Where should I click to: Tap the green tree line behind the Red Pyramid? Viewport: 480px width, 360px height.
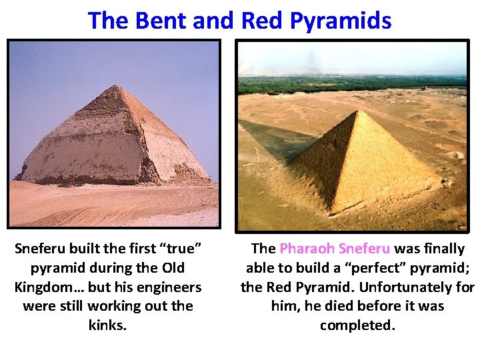(353, 84)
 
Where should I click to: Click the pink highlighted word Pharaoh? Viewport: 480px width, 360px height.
(307, 249)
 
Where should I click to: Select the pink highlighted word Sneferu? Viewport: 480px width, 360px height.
(364, 249)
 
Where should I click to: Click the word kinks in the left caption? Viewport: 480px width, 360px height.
(107, 325)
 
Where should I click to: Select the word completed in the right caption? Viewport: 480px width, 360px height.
(357, 325)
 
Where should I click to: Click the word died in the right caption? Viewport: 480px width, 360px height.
(323, 307)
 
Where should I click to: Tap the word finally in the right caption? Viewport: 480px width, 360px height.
(440, 249)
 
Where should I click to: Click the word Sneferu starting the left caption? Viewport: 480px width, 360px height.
(41, 249)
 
